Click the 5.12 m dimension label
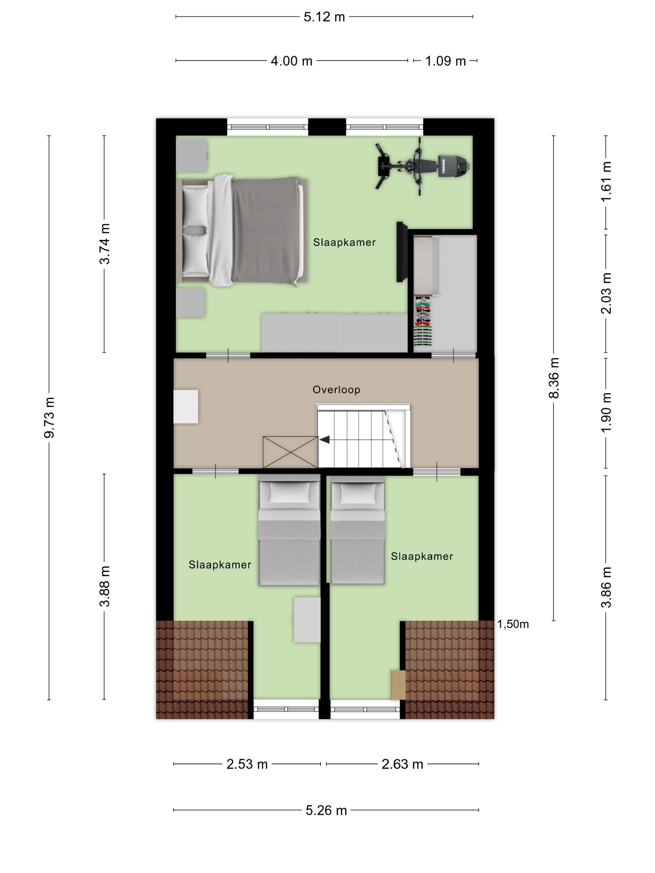point(324,17)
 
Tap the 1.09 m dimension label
point(445,61)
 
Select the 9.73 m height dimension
point(49,417)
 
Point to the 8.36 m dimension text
point(554,378)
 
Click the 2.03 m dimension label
point(606,293)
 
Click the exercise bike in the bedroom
point(422,166)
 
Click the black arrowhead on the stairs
point(325,439)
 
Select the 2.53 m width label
point(247,764)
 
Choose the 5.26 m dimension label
point(326,810)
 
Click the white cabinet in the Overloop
point(186,407)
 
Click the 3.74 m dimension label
point(104,244)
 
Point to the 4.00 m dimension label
point(291,61)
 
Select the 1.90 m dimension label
point(606,412)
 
